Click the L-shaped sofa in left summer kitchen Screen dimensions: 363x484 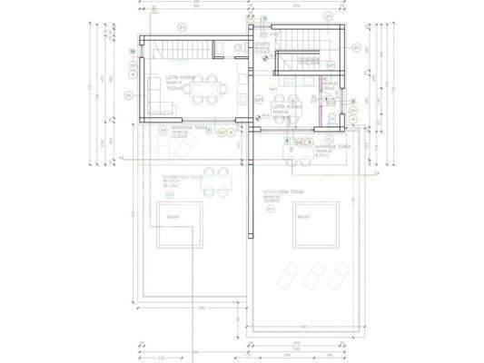(x=153, y=91)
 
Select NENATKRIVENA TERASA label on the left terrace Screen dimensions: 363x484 (x=164, y=177)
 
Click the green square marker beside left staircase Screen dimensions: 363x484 (x=133, y=52)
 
